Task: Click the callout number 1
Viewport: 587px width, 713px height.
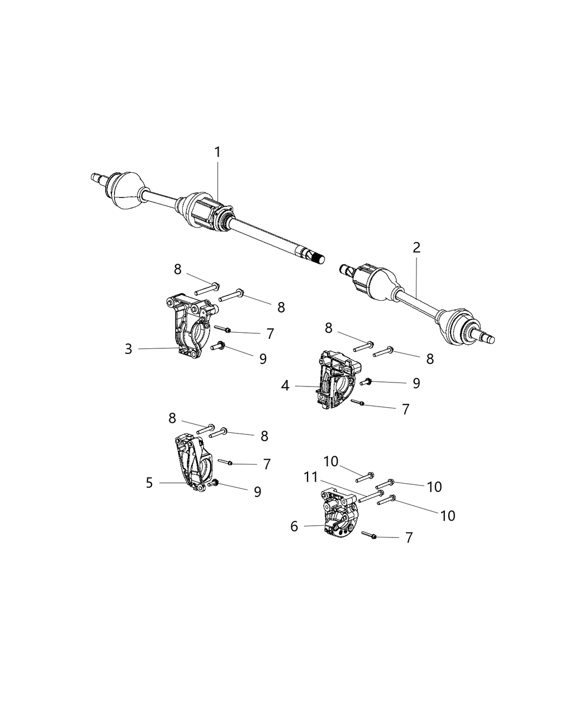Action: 217,152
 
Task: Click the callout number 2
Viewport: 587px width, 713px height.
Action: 416,248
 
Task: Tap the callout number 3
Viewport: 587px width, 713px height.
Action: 129,349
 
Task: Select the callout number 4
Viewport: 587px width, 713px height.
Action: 285,386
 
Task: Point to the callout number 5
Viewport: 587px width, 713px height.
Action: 149,483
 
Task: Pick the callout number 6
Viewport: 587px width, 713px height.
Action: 294,526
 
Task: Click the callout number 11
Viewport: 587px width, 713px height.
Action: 311,477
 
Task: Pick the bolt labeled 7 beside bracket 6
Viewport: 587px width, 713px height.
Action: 369,536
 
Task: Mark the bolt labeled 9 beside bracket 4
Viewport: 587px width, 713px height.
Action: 367,382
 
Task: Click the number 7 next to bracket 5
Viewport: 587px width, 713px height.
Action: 267,464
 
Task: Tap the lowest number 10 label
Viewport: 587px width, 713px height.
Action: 448,516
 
